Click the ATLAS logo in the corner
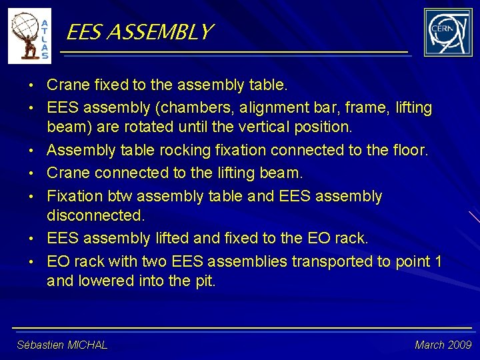click(x=29, y=37)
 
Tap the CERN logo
click(x=448, y=33)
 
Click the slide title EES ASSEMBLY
click(x=140, y=31)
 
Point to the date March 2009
click(x=443, y=345)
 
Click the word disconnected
click(x=95, y=216)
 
